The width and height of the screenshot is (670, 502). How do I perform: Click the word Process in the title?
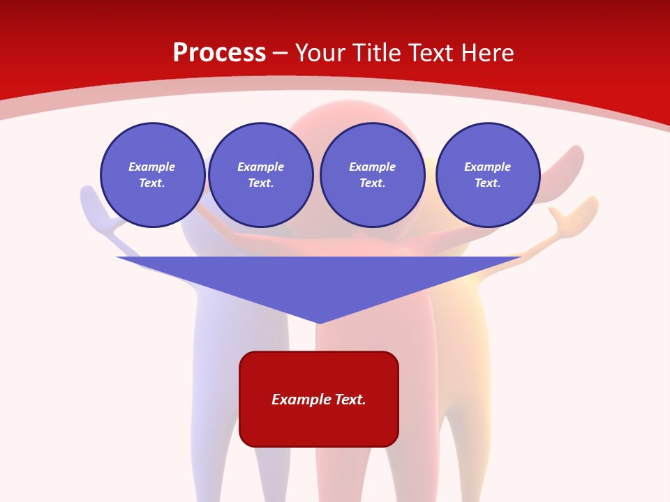[219, 53]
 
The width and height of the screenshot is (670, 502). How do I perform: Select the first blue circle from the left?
[153, 175]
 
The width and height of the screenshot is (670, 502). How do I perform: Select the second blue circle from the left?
[261, 175]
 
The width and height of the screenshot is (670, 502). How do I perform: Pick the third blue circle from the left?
[373, 175]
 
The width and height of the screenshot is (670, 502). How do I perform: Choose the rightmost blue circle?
[488, 175]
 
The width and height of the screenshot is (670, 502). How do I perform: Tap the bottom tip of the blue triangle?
[319, 322]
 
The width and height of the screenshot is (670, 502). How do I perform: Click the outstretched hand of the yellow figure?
[572, 213]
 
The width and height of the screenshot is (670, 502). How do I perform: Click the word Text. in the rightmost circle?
[488, 183]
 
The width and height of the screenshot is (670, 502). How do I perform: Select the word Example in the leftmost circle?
[152, 167]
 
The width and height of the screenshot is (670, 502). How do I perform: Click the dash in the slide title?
[281, 53]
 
